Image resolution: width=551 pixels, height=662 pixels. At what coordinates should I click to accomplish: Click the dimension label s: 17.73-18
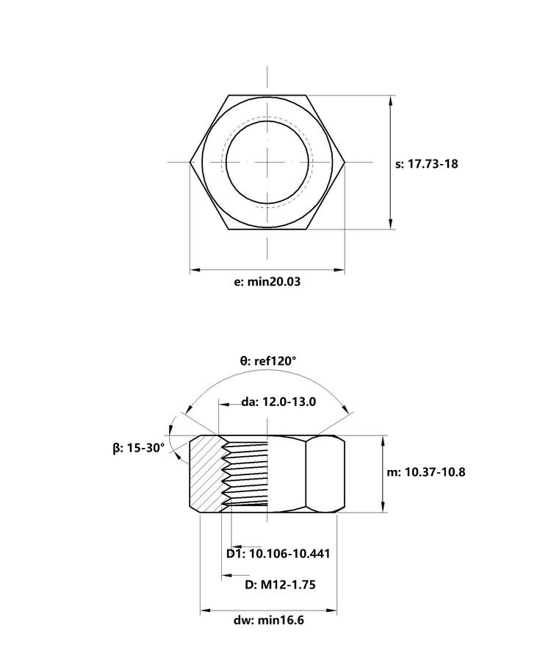point(426,164)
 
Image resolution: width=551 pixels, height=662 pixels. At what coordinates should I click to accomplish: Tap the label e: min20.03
point(267,282)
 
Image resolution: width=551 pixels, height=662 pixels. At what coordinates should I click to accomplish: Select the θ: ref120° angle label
point(268,361)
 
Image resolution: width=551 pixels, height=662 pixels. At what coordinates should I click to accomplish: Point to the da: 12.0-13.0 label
point(278,402)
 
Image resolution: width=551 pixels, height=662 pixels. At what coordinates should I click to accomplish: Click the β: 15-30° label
point(139,449)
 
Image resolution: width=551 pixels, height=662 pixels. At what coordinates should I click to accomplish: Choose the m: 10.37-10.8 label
point(426,472)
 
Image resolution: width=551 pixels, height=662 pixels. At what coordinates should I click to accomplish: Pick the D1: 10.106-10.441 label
point(278,553)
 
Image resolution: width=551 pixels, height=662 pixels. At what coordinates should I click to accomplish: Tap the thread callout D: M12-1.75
point(280,585)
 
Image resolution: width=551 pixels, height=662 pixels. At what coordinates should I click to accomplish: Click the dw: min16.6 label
point(269,620)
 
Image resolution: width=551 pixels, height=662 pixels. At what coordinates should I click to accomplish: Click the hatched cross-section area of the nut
point(206,473)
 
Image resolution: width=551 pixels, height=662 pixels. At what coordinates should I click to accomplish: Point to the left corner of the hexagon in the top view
point(190,162)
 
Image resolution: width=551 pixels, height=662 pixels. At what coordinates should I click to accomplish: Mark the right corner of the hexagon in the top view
point(345,162)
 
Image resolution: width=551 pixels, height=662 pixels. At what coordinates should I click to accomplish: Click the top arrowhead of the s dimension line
point(391,101)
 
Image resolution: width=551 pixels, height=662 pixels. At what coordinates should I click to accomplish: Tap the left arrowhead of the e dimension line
point(195,269)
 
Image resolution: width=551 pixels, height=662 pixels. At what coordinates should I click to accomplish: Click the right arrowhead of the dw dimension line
point(331,610)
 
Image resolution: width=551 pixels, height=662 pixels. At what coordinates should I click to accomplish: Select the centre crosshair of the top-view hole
point(267,162)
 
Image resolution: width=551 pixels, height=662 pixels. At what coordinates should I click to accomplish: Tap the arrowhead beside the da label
point(224,404)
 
